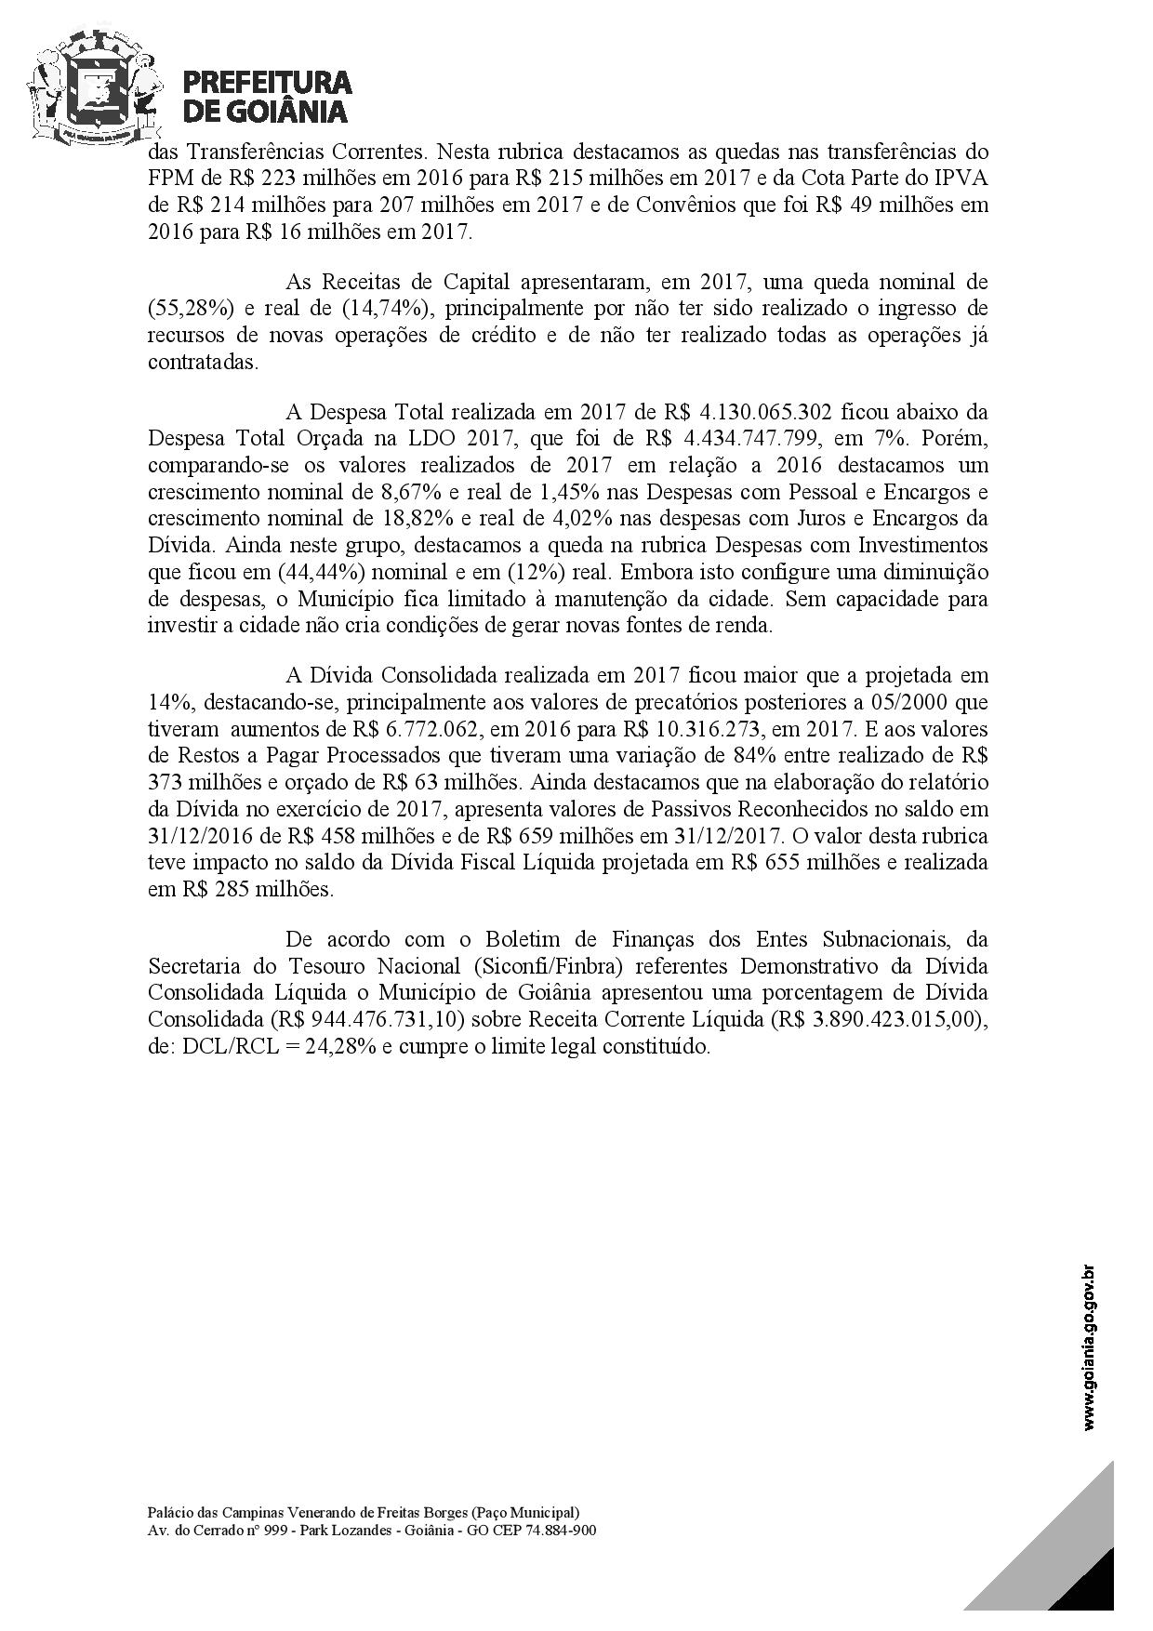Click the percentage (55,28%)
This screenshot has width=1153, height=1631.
click(182, 308)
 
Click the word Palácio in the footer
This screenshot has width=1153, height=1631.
click(168, 1512)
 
